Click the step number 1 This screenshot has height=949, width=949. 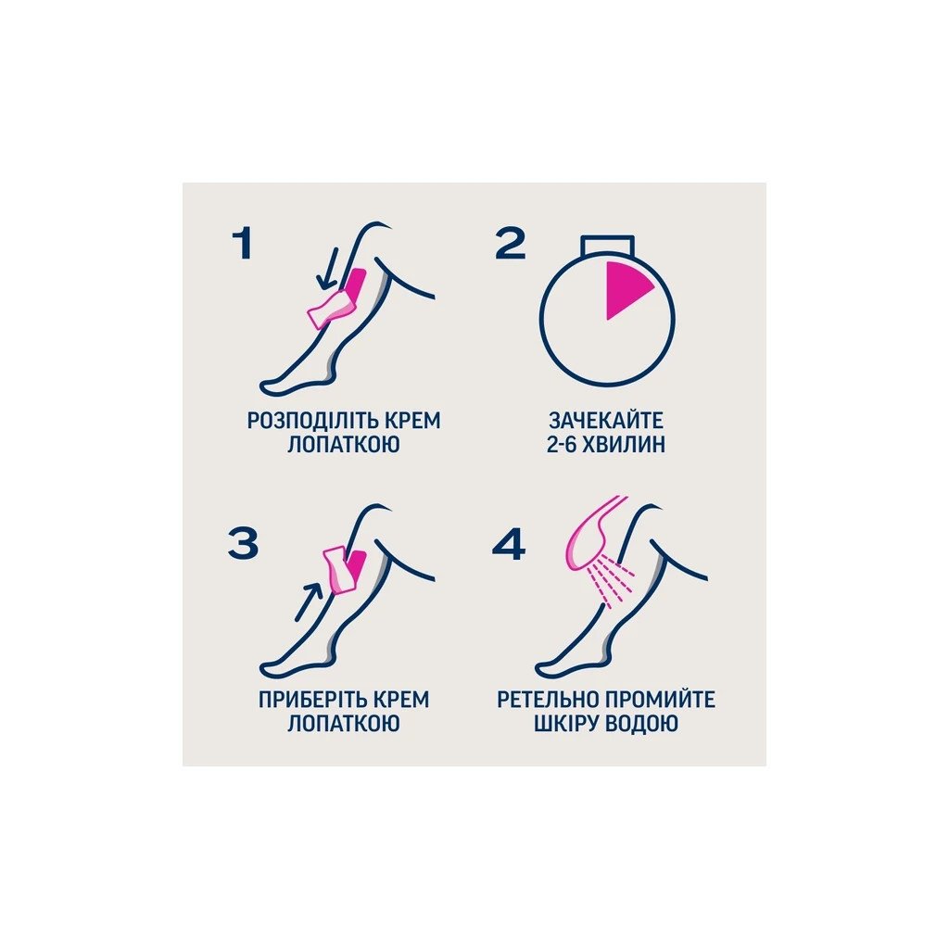point(243,245)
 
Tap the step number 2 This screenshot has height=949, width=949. point(511,245)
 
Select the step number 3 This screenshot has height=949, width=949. point(244,542)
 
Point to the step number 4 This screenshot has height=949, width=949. point(509,543)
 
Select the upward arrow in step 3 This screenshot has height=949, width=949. point(309,601)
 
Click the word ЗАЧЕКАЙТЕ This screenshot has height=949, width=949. point(606,421)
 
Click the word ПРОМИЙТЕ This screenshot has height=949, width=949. point(659,700)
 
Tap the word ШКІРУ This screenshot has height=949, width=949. point(566,724)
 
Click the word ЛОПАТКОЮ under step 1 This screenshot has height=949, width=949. point(343,445)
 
